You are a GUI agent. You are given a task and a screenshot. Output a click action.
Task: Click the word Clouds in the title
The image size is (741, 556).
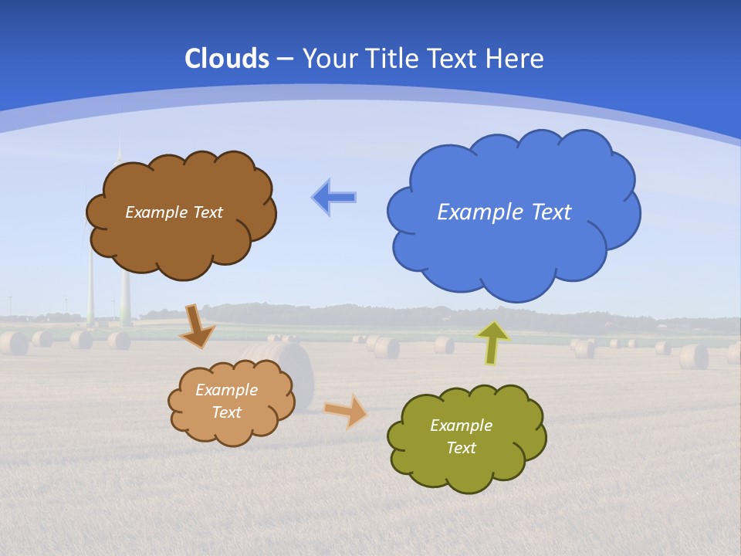(227, 59)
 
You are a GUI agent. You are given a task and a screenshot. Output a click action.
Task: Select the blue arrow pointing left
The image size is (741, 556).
(333, 198)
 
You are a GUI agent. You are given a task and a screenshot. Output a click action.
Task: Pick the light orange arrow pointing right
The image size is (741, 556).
(346, 410)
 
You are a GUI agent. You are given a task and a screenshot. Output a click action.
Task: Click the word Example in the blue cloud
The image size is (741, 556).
(472, 212)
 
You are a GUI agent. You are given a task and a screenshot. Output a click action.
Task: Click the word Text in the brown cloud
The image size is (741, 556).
(208, 212)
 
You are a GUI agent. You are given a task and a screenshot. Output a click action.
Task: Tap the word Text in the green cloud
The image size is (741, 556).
(461, 448)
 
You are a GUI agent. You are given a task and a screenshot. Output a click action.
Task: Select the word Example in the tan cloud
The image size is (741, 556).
(226, 390)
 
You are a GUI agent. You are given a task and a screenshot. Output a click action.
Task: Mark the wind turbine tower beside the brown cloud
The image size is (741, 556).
(91, 286)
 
